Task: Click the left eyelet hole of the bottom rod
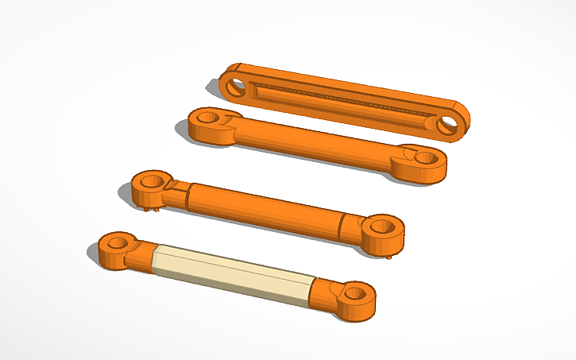point(118,242)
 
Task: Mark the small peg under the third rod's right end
point(389,256)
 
